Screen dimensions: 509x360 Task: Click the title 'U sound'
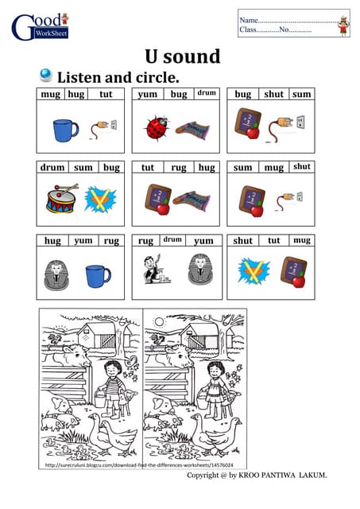tap(182, 56)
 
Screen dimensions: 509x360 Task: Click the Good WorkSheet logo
tap(40, 25)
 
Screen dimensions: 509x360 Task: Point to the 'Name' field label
tap(249, 20)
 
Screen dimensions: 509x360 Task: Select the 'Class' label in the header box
tap(250, 30)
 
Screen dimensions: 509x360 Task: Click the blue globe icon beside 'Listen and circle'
tap(45, 76)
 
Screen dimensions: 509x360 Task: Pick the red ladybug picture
tap(156, 127)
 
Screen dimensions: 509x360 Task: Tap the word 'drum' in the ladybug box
tap(207, 93)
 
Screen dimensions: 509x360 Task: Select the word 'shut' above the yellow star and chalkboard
tap(243, 240)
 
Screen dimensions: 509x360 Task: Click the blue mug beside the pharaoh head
tap(98, 274)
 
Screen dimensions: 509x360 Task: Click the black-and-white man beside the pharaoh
tap(151, 270)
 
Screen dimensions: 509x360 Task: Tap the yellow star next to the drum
tap(101, 199)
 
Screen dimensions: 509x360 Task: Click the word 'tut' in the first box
tap(106, 94)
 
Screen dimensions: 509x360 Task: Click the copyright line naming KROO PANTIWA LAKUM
tap(256, 476)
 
